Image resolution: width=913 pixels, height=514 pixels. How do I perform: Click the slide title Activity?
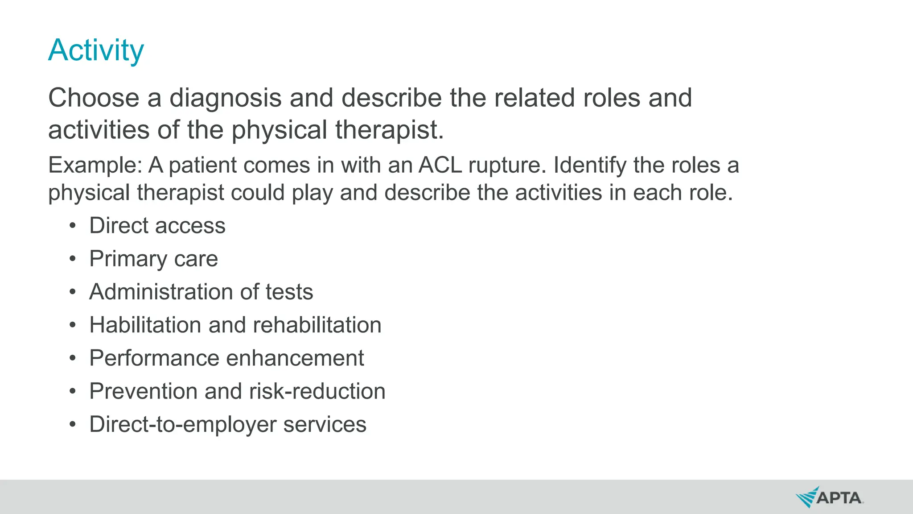96,50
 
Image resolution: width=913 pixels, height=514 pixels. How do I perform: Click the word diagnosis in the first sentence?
225,98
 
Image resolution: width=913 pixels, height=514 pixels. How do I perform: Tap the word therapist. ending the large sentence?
389,130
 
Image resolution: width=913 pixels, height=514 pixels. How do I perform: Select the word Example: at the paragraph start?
95,166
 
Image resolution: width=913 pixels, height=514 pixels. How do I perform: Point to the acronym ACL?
440,166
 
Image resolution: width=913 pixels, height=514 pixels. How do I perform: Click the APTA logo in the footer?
830,497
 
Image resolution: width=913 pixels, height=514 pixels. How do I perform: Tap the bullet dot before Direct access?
73,226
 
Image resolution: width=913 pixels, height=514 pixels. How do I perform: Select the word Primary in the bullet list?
128,259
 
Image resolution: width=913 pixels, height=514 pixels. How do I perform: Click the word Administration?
161,292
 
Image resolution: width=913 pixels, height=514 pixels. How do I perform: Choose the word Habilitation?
145,325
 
